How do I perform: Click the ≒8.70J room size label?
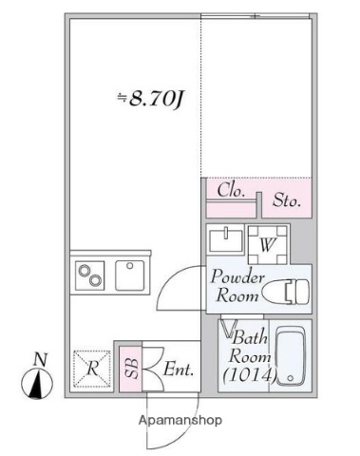(x=150, y=97)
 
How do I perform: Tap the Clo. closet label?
(x=230, y=190)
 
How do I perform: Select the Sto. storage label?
(x=287, y=200)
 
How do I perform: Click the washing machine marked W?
(x=266, y=242)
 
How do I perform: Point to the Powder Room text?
(x=237, y=284)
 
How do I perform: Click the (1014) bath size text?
(x=248, y=377)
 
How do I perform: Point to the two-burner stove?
(x=92, y=276)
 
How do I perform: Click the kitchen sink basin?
(x=129, y=275)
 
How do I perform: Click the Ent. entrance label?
(x=179, y=369)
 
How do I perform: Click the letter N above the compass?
(x=39, y=359)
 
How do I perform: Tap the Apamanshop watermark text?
(x=180, y=419)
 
